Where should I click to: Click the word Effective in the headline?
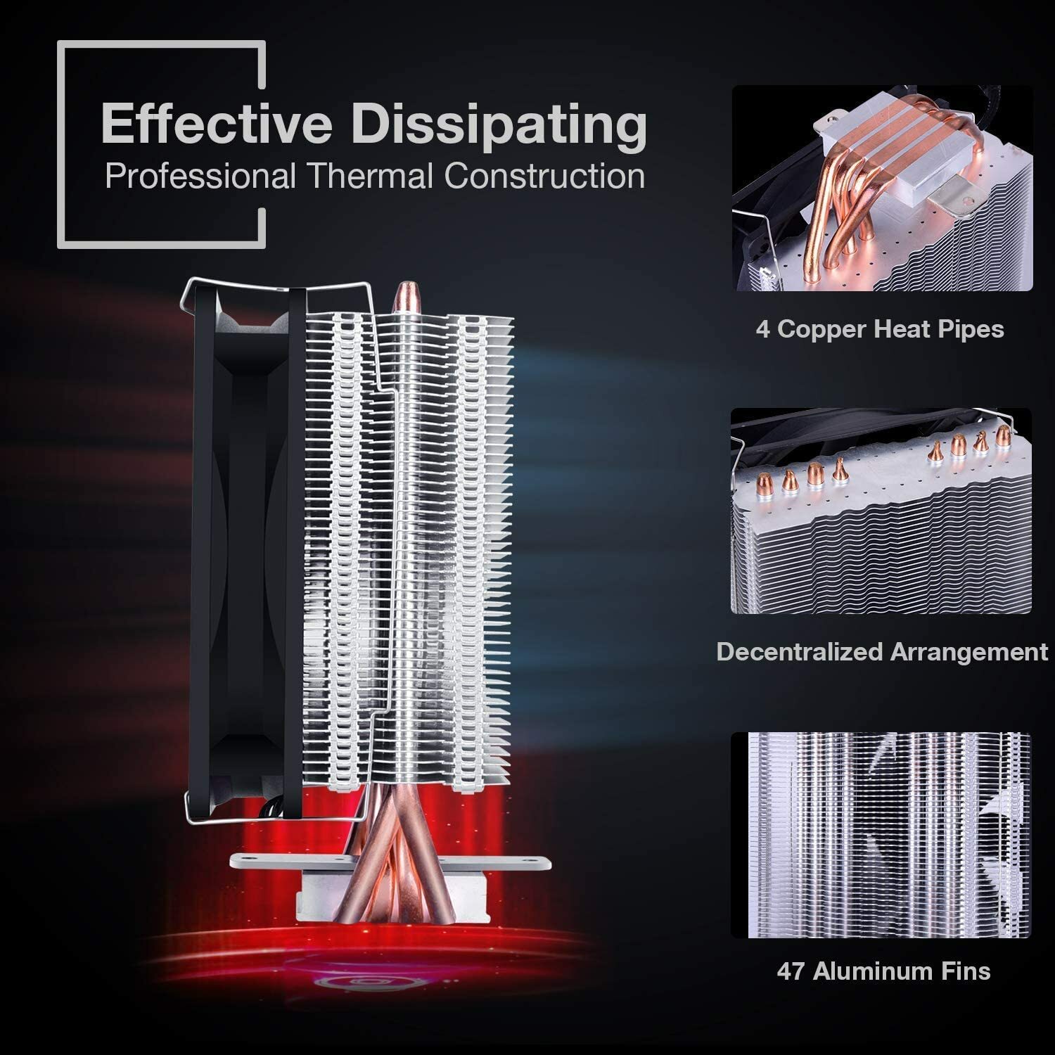click(217, 124)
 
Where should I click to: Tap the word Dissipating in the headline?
click(499, 125)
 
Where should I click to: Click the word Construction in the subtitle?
click(544, 176)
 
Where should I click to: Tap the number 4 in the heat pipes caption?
click(763, 328)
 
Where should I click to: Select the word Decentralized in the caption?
click(799, 652)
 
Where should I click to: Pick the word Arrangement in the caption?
click(969, 652)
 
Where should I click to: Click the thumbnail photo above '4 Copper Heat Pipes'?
click(882, 188)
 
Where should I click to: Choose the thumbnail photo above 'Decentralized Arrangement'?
click(881, 511)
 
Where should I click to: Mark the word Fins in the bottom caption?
click(967, 971)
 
